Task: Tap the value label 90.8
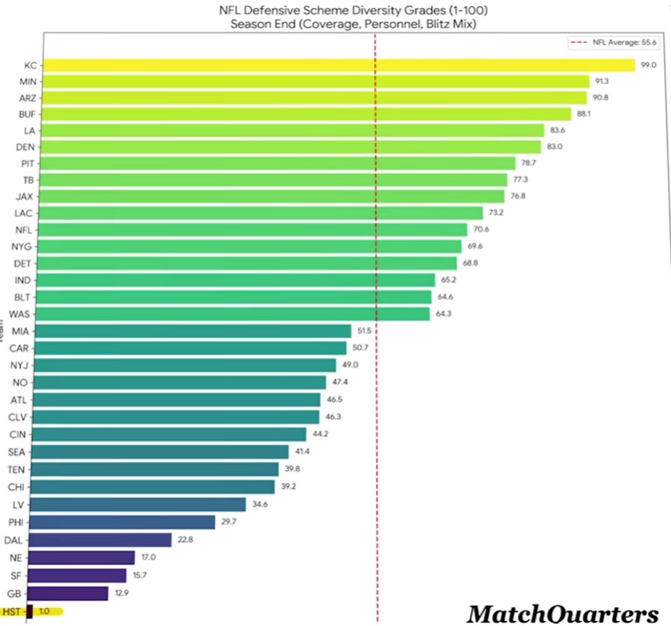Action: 602,98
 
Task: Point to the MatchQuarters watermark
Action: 563,614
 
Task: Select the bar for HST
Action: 30,611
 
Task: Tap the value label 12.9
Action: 122,593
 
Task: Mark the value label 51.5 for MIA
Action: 365,330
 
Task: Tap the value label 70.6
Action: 481,230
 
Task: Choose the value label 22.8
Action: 185,540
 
